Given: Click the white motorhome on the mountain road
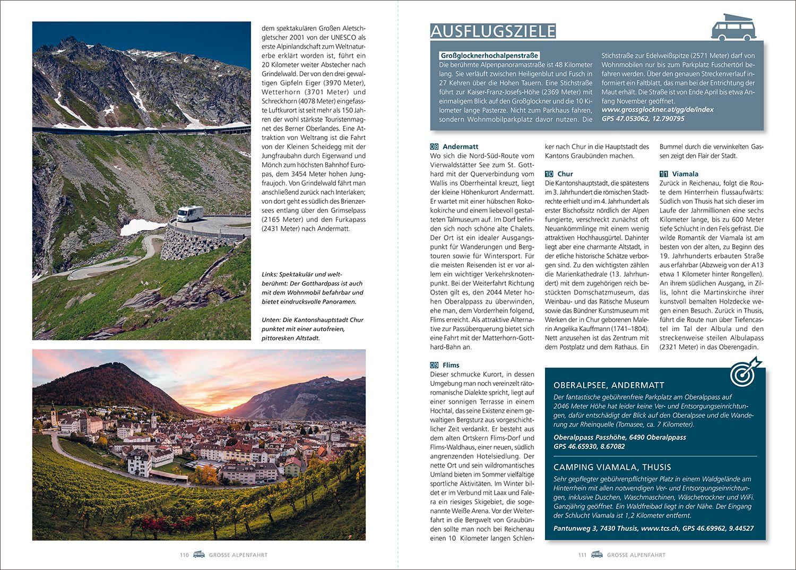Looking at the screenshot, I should click(x=189, y=213).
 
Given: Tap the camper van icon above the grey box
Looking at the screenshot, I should click(x=733, y=28).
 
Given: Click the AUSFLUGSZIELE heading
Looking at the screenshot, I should click(x=493, y=31).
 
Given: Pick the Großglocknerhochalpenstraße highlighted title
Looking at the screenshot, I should click(x=489, y=55).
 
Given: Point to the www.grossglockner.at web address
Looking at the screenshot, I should click(x=657, y=110).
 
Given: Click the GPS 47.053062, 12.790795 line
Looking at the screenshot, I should click(x=643, y=119).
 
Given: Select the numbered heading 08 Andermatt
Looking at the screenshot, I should click(x=454, y=146).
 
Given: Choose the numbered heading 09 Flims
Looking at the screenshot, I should click(x=445, y=365).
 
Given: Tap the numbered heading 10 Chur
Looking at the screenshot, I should click(x=559, y=174).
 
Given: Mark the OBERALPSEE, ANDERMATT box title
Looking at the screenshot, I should click(x=609, y=385).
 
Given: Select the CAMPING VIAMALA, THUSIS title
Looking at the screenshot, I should click(x=612, y=467).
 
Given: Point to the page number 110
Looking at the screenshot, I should click(x=184, y=555).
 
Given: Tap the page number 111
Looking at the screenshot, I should click(x=582, y=555).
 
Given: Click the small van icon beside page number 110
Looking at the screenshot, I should click(x=199, y=555).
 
